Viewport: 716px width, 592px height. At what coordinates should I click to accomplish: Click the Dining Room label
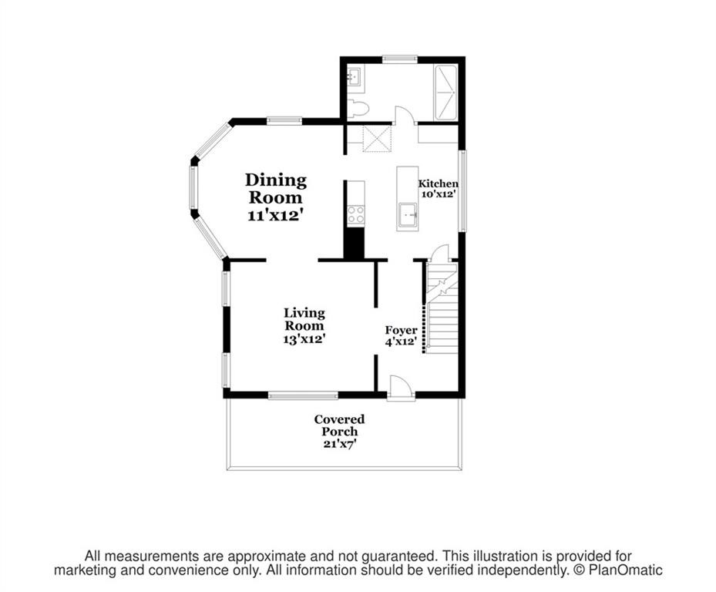pyautogui.click(x=276, y=189)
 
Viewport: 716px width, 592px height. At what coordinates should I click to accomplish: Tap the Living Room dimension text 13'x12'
pyautogui.click(x=304, y=338)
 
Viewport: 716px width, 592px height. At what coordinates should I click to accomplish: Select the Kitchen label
pyautogui.click(x=438, y=183)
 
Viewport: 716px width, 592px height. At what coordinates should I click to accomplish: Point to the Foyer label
pyautogui.click(x=401, y=330)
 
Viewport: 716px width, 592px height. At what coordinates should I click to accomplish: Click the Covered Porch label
pyautogui.click(x=339, y=425)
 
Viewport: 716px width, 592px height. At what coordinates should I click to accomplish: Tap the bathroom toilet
pyautogui.click(x=356, y=108)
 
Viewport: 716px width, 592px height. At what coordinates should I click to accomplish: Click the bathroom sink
pyautogui.click(x=355, y=77)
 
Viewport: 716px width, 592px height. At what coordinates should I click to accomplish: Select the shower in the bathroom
pyautogui.click(x=445, y=92)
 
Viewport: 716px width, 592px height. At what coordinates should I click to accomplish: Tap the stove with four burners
pyautogui.click(x=355, y=214)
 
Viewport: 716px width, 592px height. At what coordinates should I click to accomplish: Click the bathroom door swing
pyautogui.click(x=404, y=115)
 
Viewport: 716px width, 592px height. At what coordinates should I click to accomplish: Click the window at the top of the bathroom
pyautogui.click(x=399, y=58)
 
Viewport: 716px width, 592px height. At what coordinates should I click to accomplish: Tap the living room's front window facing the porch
pyautogui.click(x=303, y=395)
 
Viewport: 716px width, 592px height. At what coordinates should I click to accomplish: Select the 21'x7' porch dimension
pyautogui.click(x=339, y=444)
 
